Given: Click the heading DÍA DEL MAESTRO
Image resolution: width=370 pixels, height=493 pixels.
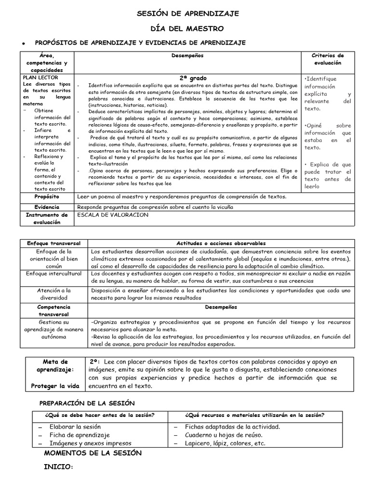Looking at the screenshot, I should coord(185,28).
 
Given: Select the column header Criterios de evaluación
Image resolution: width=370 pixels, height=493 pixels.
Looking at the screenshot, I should coord(328,59).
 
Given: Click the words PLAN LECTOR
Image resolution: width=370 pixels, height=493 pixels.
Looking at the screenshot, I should coord(40,78).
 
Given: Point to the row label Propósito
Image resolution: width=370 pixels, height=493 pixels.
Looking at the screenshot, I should coord(47,197).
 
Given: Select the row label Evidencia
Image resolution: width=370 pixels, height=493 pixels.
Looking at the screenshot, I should coord(47,207).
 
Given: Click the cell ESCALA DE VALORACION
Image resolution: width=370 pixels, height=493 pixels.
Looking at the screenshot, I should coord(113,215).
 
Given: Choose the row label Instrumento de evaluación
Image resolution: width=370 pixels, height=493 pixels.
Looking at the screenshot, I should coord(47,219).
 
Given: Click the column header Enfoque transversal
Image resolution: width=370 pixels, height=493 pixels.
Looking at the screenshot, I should coord(54,244).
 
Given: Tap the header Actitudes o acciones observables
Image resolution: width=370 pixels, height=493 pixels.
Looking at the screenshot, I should coord(221,244).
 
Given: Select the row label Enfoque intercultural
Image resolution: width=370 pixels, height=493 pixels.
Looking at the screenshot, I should coord(54,273).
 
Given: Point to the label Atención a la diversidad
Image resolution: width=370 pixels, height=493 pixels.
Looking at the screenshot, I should coord(54,294).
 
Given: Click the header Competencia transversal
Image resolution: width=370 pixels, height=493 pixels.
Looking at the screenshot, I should coord(54,310).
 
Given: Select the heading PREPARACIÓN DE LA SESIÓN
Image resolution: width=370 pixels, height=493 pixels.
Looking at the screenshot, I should coord(87,403).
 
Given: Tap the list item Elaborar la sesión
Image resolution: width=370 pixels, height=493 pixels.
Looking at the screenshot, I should coord(76,427).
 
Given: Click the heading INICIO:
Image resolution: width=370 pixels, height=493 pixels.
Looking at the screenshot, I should coord(58,467).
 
